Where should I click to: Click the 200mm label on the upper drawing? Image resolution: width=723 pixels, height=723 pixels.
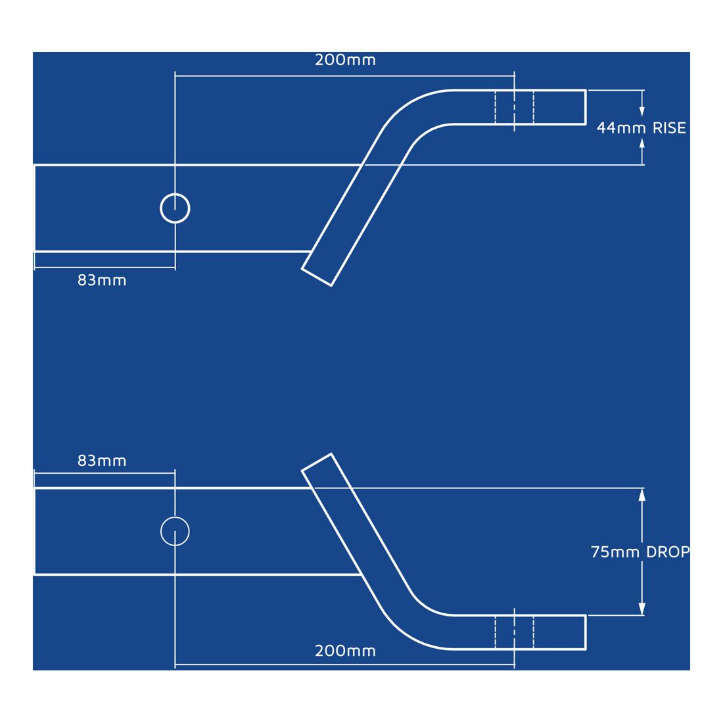pos(345,60)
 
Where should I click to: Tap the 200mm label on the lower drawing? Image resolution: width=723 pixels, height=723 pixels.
pos(345,651)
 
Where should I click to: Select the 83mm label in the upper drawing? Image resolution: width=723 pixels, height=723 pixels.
pos(102,280)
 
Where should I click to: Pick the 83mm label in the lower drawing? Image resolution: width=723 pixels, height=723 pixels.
pos(102,460)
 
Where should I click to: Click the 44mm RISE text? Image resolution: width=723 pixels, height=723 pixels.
pos(641,128)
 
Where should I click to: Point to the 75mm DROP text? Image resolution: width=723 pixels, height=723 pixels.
pos(640,552)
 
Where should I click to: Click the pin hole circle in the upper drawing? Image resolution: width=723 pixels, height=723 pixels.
pos(175,208)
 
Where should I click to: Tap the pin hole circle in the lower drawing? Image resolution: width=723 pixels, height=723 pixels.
pos(175,531)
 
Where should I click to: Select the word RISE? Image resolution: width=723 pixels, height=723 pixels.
pos(669,128)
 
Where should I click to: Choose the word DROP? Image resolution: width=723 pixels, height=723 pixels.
pos(668,552)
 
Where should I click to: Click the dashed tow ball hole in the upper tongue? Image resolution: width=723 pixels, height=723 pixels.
pos(514,106)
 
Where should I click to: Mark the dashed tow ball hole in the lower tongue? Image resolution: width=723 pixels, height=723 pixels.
pos(514,632)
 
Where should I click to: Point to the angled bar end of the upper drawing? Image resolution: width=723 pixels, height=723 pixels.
pos(317,277)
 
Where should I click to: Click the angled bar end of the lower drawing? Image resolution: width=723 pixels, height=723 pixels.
pos(317,462)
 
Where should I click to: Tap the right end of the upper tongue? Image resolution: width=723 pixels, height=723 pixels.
pos(584,106)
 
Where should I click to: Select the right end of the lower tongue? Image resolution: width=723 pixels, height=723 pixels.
pos(584,632)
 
